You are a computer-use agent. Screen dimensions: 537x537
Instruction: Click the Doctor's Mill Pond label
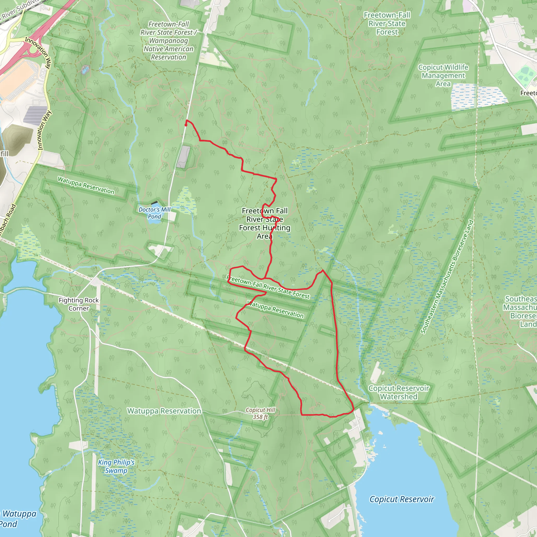click(x=154, y=213)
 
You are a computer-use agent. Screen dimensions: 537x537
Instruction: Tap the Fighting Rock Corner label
click(x=79, y=304)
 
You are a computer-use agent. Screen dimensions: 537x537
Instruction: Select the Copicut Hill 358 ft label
click(x=260, y=413)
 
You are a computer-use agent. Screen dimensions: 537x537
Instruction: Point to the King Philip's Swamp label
click(x=116, y=466)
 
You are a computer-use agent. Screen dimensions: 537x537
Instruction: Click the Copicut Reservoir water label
click(x=402, y=499)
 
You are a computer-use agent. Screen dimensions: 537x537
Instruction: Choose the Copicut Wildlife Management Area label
click(x=443, y=75)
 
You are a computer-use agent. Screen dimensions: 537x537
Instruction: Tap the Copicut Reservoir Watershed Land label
click(x=399, y=392)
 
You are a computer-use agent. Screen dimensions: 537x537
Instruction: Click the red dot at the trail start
click(x=186, y=125)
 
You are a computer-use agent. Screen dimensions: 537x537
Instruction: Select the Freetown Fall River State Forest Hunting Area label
click(x=265, y=223)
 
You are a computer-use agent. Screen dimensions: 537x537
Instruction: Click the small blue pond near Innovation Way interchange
click(x=85, y=70)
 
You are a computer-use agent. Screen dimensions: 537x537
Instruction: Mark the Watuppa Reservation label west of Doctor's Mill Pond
click(x=86, y=185)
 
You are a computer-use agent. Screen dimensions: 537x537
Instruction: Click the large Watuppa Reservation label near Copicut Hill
click(x=164, y=411)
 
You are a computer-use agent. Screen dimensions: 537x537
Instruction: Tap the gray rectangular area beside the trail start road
click(x=184, y=157)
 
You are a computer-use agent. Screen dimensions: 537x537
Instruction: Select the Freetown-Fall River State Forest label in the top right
click(x=387, y=24)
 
